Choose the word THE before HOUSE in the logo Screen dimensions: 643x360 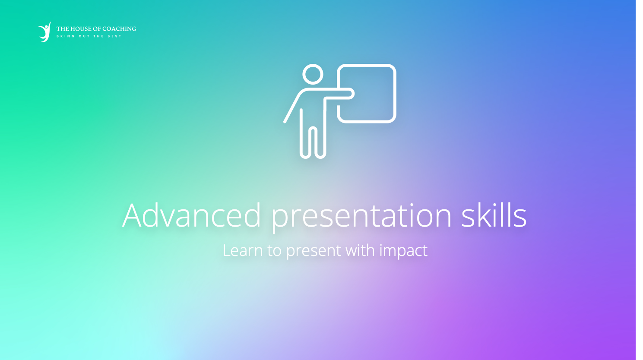point(63,29)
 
